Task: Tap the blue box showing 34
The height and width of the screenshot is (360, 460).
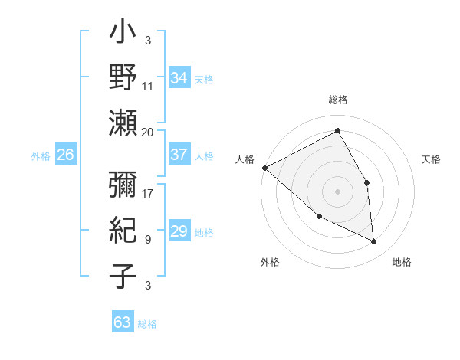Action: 179,77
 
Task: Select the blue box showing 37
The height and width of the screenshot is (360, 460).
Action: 179,155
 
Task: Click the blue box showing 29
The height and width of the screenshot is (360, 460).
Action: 179,232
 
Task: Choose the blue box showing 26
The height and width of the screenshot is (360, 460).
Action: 65,155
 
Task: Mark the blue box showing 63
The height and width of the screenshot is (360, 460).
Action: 123,322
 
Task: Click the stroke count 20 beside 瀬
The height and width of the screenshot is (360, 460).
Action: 148,132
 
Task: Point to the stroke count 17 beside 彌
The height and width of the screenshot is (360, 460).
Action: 148,193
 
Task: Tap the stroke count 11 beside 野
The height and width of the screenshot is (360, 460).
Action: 148,86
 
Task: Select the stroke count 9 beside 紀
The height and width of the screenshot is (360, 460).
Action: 148,239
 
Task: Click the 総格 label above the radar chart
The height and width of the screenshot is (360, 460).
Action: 337,100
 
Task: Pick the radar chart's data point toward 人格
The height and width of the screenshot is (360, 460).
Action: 264,167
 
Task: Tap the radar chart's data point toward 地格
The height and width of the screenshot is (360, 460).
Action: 374,242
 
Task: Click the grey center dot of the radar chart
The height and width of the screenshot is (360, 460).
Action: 337,191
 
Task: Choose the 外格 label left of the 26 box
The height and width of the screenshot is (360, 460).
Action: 41,155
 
